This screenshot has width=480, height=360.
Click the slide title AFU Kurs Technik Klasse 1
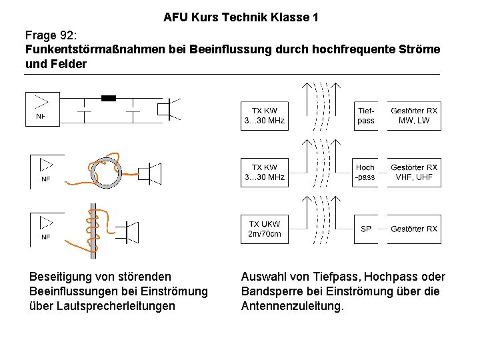click(240, 17)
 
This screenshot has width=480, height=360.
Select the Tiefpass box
click(365, 115)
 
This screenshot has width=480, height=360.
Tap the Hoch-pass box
click(365, 172)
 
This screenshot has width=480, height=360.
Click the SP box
click(365, 229)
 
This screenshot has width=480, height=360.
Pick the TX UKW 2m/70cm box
click(264, 229)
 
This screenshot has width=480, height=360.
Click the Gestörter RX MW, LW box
click(414, 115)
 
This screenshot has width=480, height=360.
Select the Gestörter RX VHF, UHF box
click(414, 172)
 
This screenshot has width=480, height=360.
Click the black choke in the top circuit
click(108, 98)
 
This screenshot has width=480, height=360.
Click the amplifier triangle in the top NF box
click(41, 101)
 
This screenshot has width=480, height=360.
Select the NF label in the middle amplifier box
click(45, 179)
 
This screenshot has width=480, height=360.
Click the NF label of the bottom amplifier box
click(45, 237)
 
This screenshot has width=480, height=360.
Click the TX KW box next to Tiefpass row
click(264, 115)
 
